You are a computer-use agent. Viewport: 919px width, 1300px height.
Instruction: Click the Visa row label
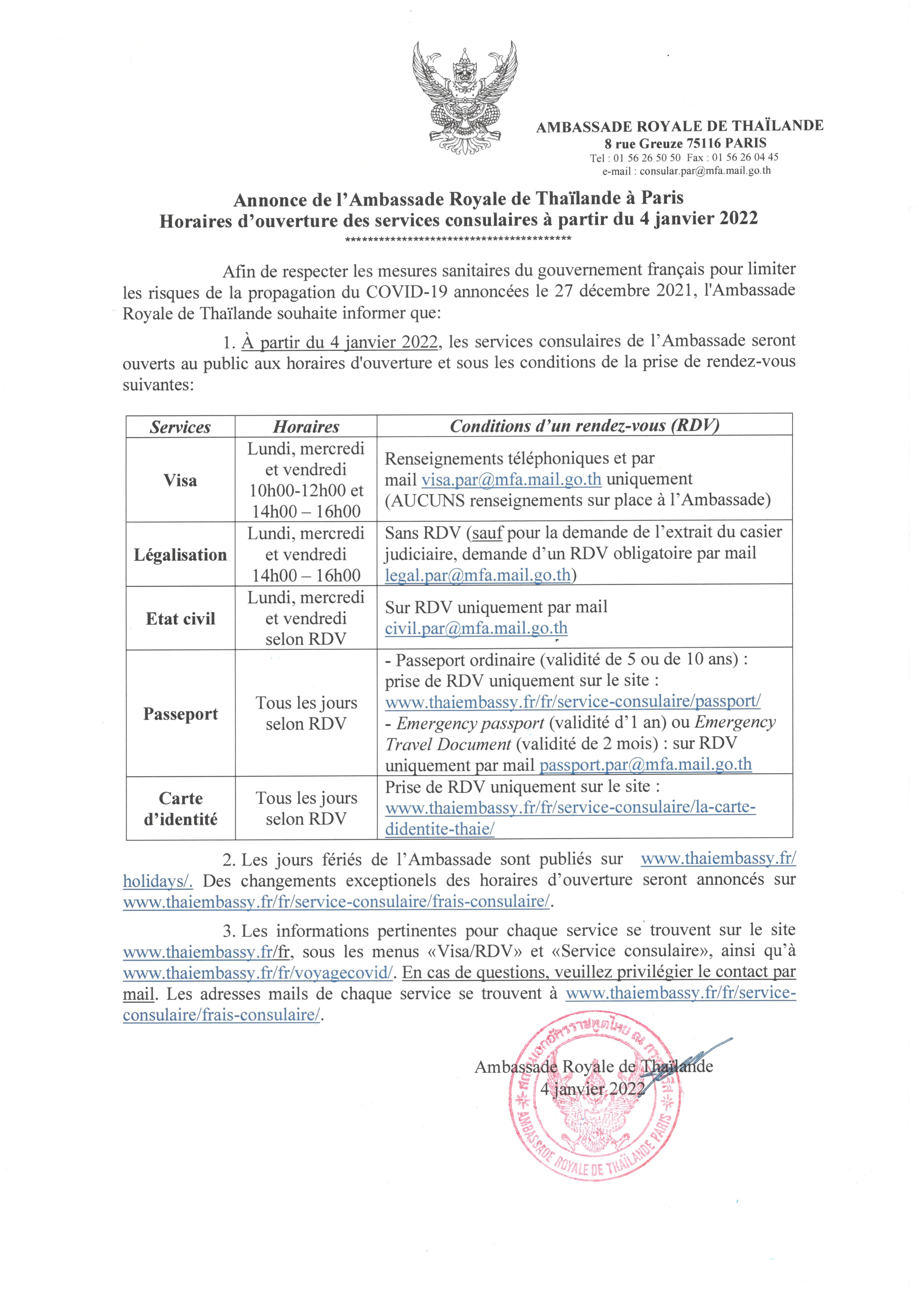[x=180, y=480]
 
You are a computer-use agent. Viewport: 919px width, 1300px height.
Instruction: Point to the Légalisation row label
[x=180, y=555]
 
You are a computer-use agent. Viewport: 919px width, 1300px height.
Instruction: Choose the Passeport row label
[x=180, y=714]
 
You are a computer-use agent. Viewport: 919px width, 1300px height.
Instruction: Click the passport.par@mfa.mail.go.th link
[x=645, y=764]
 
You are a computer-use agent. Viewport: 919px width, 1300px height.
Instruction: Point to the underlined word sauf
[x=487, y=533]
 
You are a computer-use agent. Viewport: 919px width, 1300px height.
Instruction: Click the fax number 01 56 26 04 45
[x=745, y=157]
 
